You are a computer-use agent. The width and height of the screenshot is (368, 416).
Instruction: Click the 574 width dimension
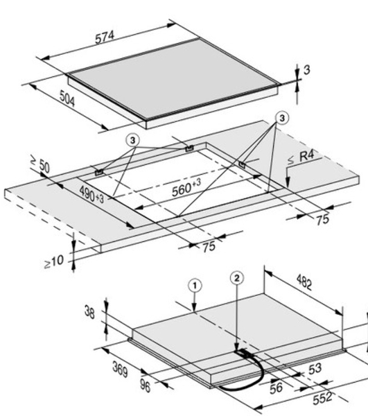click(105, 37)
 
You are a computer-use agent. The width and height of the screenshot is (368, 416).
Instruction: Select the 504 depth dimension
click(67, 98)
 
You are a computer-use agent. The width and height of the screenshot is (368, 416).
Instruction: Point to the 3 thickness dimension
click(306, 70)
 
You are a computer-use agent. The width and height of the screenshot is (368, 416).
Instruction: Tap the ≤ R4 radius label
click(301, 157)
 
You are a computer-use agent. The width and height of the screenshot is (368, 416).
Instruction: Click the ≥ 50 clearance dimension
click(40, 164)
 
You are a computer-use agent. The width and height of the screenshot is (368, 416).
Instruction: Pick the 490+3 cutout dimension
click(91, 194)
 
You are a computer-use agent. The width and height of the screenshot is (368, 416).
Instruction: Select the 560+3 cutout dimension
click(186, 187)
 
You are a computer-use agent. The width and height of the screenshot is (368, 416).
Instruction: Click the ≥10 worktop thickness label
click(54, 261)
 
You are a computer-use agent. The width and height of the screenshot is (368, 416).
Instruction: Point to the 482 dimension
click(304, 282)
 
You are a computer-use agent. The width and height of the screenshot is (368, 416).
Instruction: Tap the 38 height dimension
click(89, 312)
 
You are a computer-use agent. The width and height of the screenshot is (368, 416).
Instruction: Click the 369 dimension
click(120, 369)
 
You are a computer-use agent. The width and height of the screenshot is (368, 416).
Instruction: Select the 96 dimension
click(145, 385)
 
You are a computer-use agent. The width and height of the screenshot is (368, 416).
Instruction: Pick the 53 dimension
click(315, 369)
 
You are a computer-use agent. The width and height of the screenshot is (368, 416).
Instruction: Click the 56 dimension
click(276, 388)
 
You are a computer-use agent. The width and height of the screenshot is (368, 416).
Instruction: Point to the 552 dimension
click(322, 398)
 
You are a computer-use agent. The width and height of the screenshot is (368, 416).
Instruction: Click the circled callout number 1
click(195, 286)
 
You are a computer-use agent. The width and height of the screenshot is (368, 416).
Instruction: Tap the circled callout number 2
click(237, 278)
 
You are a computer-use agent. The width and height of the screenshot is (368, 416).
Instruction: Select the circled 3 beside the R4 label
click(282, 118)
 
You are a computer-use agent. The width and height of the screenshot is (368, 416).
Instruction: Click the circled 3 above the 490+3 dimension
click(133, 140)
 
